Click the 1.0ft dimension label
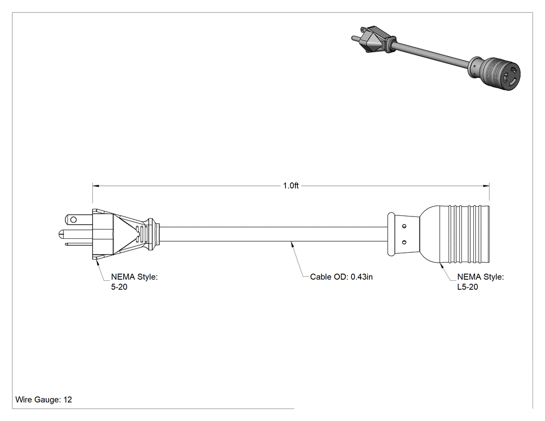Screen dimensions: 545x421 click(291, 186)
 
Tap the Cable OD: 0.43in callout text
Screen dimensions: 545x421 click(342, 277)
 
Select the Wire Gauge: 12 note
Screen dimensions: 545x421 click(44, 399)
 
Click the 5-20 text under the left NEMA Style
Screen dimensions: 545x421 click(119, 287)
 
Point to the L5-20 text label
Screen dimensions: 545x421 click(468, 287)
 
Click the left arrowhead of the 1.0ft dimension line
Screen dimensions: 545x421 click(96, 186)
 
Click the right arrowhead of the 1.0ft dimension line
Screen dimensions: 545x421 click(486, 186)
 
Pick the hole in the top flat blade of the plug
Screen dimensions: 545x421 click(73, 220)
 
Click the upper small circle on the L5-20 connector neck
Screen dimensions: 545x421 click(404, 226)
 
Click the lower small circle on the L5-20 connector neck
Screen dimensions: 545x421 click(404, 242)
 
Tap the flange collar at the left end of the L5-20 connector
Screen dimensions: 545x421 click(391, 234)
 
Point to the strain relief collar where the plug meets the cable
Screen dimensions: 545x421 click(153, 234)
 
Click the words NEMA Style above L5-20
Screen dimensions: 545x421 click(480, 277)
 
